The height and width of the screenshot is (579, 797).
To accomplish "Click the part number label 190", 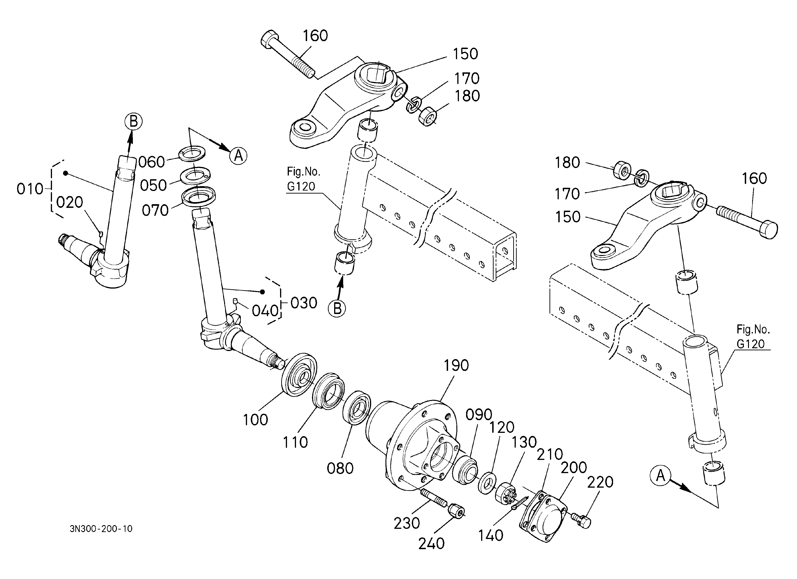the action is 456,366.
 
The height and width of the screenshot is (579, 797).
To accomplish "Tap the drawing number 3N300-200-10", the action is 101,529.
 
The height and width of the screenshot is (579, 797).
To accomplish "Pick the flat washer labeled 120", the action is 487,483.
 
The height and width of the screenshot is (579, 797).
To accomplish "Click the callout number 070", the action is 155,211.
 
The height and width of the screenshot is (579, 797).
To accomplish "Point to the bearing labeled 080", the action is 357,408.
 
